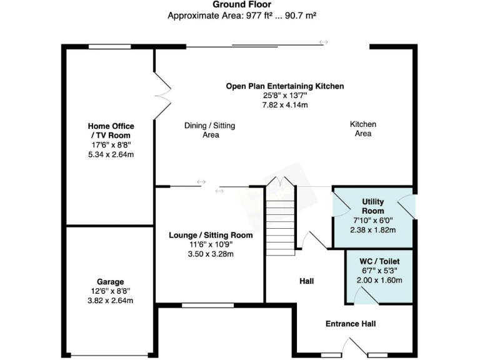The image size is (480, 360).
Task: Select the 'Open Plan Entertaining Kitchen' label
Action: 285,86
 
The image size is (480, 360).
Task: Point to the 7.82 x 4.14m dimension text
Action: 285,105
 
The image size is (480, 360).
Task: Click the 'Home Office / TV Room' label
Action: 111,131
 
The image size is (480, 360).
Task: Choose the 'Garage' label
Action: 111,282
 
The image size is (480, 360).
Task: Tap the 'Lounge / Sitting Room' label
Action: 211,235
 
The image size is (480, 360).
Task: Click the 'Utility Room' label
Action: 372,206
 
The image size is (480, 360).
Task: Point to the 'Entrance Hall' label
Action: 350,324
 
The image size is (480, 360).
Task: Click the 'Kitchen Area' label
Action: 362,129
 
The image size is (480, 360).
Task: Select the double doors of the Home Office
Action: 162,95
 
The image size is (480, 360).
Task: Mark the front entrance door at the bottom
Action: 356,347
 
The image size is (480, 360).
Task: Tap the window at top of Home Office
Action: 109,46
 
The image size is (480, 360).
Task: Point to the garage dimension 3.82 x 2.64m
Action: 111,301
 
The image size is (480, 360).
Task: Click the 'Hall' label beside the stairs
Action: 306,282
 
